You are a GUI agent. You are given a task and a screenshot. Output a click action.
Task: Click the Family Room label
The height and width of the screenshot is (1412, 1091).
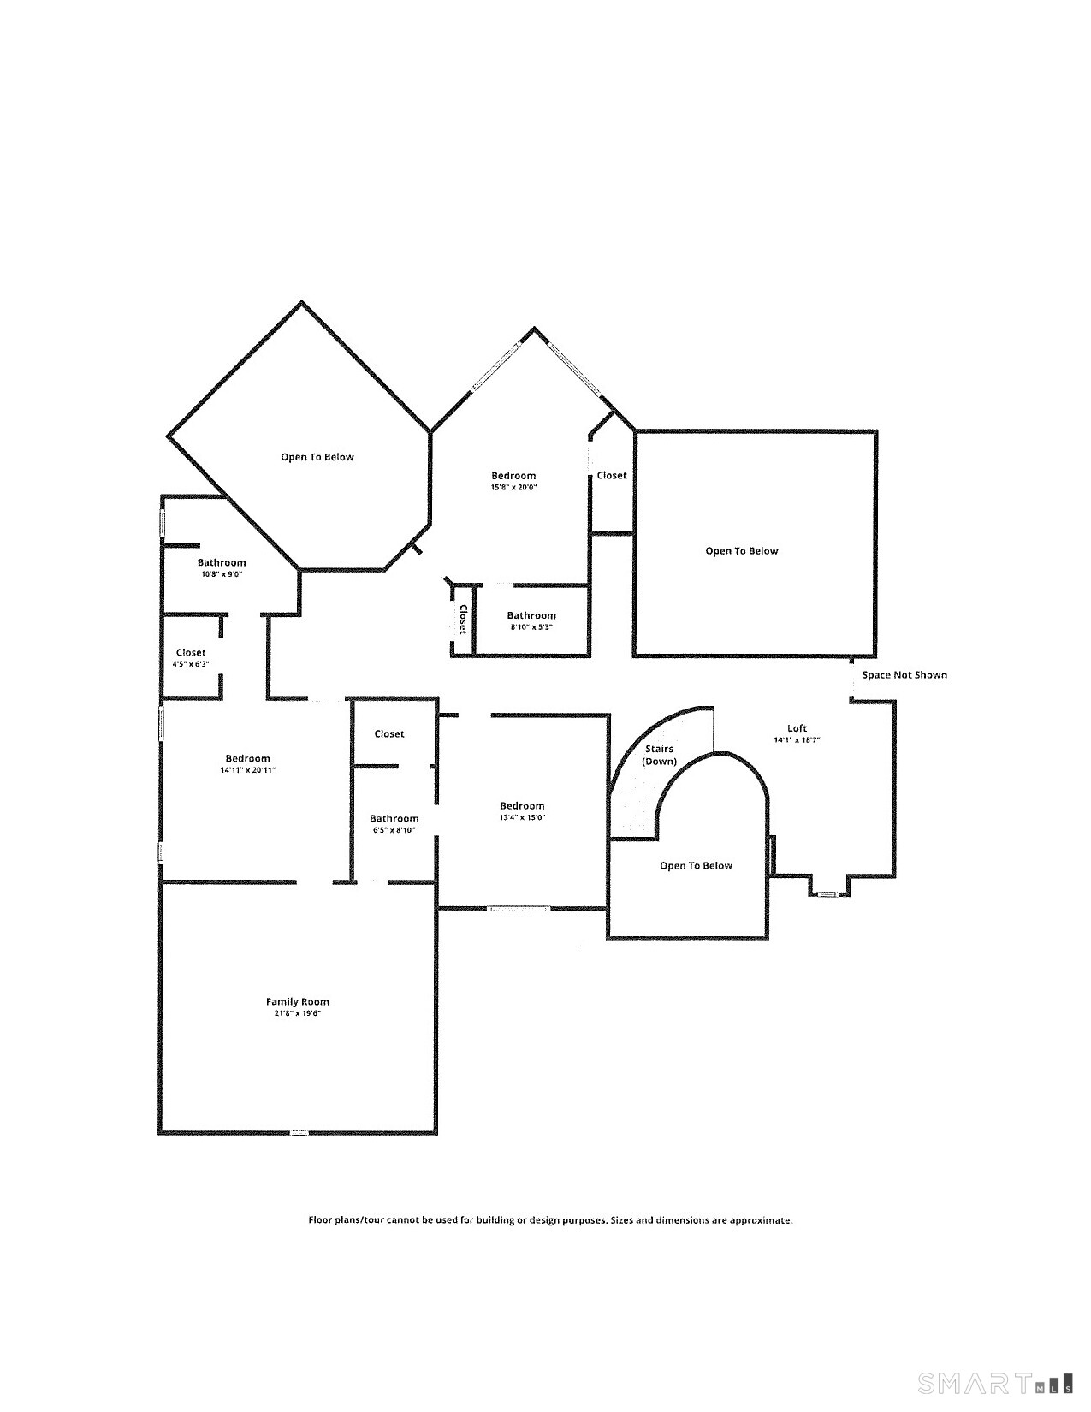pos(297,1001)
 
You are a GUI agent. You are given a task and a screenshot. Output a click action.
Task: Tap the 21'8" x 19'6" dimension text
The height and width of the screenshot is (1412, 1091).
pos(298,1014)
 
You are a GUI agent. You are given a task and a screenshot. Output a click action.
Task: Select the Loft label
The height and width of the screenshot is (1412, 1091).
pos(797,728)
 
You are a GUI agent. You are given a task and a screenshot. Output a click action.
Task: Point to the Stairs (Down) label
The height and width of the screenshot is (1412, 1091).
pos(659,755)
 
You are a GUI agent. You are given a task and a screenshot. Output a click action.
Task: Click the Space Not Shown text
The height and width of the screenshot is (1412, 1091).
pos(904,675)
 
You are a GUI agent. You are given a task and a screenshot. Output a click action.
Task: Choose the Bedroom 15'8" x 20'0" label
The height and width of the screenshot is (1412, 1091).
pos(513,476)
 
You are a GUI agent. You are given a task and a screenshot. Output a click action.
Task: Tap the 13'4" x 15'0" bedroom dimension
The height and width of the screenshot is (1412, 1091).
pos(522,818)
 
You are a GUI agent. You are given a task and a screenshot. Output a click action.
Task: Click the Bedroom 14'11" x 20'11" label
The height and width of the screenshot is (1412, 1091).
pos(247,758)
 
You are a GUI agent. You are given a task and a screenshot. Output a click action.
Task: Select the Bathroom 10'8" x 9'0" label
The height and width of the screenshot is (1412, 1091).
pos(222,563)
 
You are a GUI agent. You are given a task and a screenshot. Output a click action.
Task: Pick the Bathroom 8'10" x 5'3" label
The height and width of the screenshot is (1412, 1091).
pos(531,615)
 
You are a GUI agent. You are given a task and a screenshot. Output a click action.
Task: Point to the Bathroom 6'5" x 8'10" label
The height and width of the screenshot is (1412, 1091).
pos(394,818)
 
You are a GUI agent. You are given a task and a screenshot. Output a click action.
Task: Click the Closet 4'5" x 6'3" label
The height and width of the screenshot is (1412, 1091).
pos(191,653)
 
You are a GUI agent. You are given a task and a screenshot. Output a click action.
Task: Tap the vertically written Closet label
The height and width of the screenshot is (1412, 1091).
pos(463,619)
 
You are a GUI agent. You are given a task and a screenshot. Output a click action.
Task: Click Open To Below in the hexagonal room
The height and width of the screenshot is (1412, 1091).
pos(317,457)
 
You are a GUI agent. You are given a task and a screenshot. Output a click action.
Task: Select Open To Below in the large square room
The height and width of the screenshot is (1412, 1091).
pos(741,551)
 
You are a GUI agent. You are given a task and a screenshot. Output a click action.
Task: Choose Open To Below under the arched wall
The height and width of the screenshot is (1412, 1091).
pos(696,866)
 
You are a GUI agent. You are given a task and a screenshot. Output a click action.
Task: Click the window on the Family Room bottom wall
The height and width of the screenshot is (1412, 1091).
pos(299,1132)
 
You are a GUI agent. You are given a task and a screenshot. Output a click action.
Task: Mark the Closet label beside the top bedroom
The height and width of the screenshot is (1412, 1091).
pos(611,476)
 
